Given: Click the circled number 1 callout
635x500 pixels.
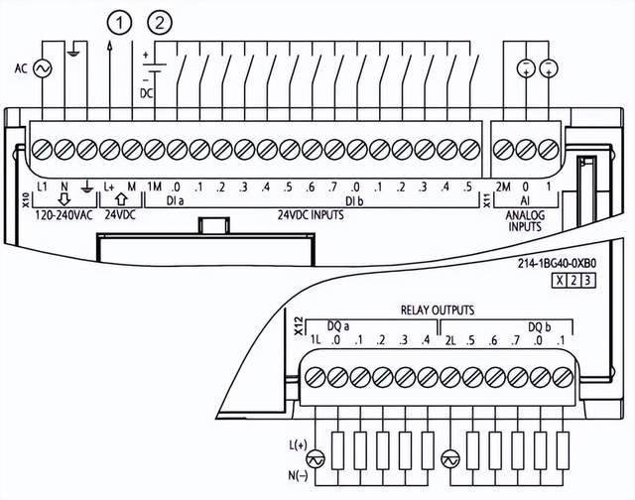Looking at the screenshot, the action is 120,23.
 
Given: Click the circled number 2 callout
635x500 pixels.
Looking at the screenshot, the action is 160,23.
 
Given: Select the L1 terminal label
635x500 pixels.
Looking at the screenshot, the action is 42,187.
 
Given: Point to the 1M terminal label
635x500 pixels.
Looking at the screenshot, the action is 155,187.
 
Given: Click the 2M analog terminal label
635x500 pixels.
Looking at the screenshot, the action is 503,187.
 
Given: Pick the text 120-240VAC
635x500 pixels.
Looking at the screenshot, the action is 63,215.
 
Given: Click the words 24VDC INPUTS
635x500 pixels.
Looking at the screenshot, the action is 311,214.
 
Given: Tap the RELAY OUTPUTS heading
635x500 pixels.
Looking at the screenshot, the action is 438,311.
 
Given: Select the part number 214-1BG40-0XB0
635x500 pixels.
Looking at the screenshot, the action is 557,264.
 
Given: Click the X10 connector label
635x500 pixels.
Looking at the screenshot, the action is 25,200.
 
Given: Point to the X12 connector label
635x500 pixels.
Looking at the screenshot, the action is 299,326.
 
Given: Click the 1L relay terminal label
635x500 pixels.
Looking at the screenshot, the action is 316,340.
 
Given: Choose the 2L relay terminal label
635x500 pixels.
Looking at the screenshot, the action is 449,340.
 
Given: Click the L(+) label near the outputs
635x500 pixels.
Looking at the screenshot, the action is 298,445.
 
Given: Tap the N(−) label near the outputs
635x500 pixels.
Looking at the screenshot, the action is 298,476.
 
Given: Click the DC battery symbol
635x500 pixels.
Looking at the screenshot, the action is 155,67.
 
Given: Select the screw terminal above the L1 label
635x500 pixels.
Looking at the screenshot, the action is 42,150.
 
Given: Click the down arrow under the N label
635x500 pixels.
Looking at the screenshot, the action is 63,199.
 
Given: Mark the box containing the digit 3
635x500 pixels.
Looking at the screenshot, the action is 588,281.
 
